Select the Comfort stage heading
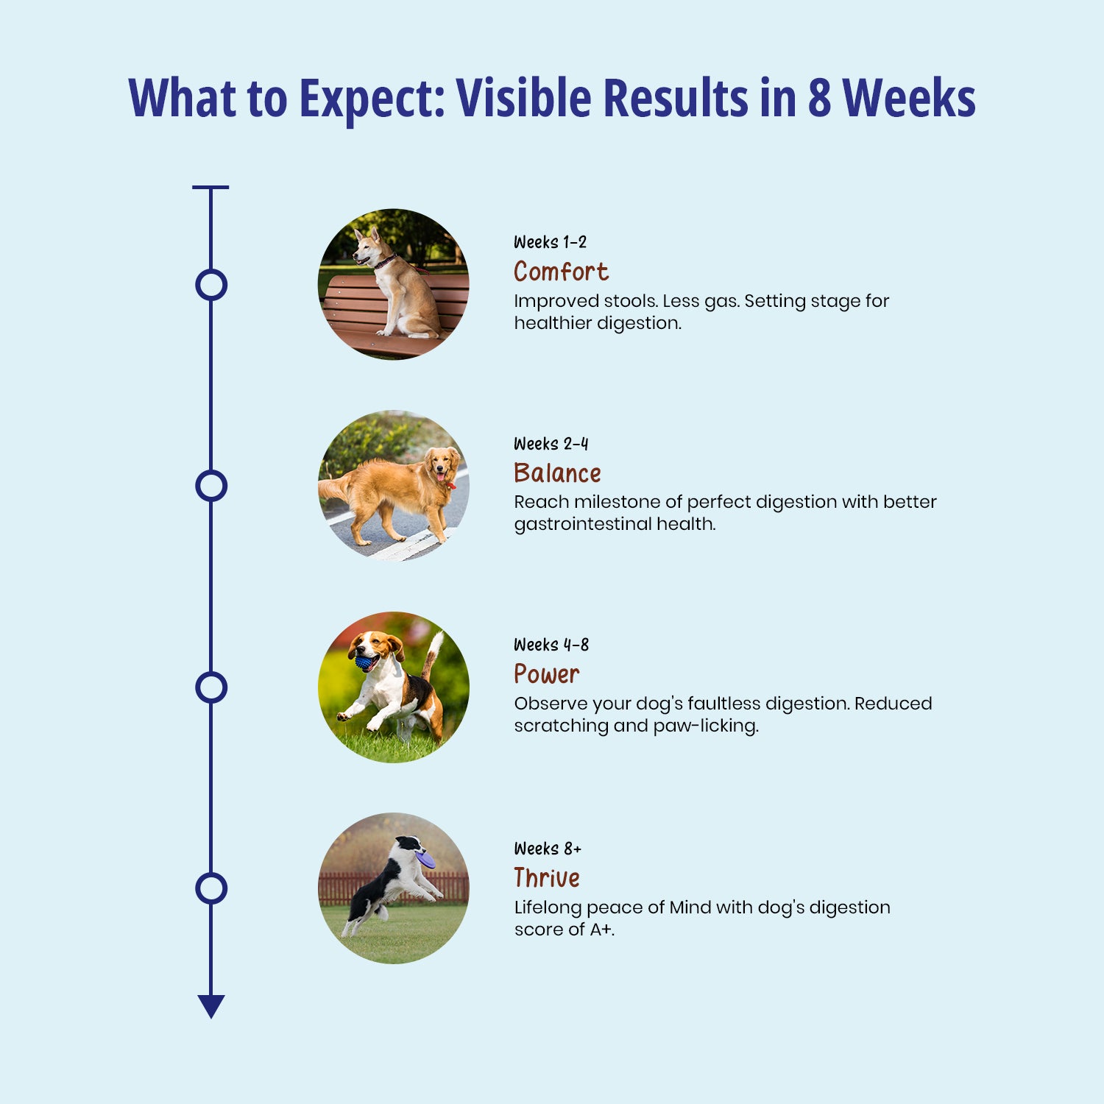(x=561, y=272)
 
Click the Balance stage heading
(x=557, y=473)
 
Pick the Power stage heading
(x=546, y=674)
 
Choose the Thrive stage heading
(x=547, y=877)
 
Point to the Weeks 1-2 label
(x=550, y=242)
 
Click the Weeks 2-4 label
(x=551, y=444)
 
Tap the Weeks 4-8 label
(x=551, y=645)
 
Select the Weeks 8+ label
(x=548, y=849)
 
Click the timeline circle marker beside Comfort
(x=211, y=285)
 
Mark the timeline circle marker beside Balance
(x=211, y=486)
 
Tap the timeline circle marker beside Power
(x=211, y=687)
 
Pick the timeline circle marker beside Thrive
(x=211, y=888)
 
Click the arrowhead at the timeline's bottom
(x=211, y=1006)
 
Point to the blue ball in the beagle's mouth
(x=364, y=662)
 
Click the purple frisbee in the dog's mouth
(x=425, y=859)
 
